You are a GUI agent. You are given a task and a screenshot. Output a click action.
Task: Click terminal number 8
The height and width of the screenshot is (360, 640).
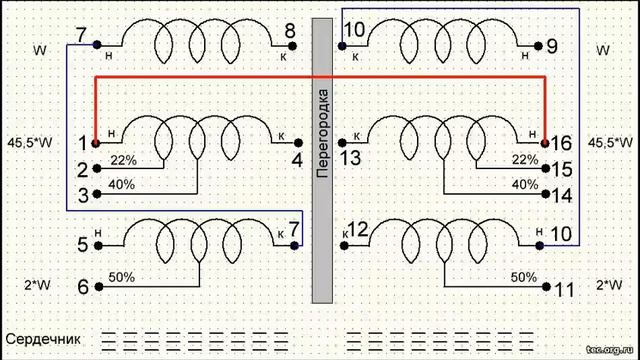[289, 31]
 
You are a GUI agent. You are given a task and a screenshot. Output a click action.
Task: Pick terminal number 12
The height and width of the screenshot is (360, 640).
[357, 231]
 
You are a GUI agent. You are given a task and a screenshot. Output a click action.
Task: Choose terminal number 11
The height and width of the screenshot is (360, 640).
[564, 290]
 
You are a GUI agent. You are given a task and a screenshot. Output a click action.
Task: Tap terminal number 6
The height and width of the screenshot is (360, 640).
[83, 288]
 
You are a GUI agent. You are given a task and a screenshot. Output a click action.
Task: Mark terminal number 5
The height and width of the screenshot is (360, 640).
[83, 243]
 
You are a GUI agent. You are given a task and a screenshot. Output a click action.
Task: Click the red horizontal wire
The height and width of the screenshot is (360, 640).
[320, 77]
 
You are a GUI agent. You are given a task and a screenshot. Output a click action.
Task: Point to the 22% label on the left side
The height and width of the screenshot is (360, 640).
[123, 160]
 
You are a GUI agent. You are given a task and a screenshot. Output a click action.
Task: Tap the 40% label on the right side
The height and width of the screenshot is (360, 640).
[524, 185]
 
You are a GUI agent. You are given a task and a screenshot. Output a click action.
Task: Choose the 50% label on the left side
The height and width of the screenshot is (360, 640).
[121, 276]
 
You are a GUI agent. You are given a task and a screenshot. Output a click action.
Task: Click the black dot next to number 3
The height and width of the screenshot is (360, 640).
[98, 195]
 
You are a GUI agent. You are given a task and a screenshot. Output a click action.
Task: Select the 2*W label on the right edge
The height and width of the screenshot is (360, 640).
[608, 285]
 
